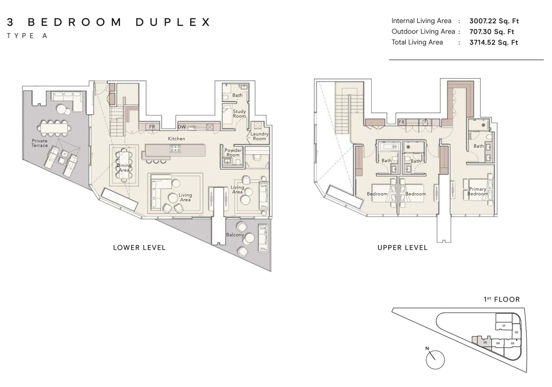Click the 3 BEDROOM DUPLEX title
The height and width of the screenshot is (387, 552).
[109, 22]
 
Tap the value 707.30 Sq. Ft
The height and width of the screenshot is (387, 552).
[492, 32]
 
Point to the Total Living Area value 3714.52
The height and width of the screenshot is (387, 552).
[494, 42]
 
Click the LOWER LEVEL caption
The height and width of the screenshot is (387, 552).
[139, 248]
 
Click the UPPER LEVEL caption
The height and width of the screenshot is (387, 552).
[402, 248]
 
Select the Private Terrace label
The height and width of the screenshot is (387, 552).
[40, 143]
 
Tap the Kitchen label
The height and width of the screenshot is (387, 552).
[176, 139]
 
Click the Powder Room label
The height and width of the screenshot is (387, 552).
[233, 153]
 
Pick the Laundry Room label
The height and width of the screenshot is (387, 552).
[259, 136]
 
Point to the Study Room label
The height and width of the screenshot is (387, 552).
[239, 114]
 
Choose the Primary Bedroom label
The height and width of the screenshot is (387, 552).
[478, 191]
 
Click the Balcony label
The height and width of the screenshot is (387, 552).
[235, 235]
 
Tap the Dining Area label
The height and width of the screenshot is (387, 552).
[124, 168]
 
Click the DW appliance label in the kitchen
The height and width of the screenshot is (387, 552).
[181, 127]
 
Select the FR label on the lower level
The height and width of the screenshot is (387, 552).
[152, 127]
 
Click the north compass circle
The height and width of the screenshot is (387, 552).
[435, 360]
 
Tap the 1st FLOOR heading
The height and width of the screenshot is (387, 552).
[502, 299]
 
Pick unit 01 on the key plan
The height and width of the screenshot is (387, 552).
[503, 326]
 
